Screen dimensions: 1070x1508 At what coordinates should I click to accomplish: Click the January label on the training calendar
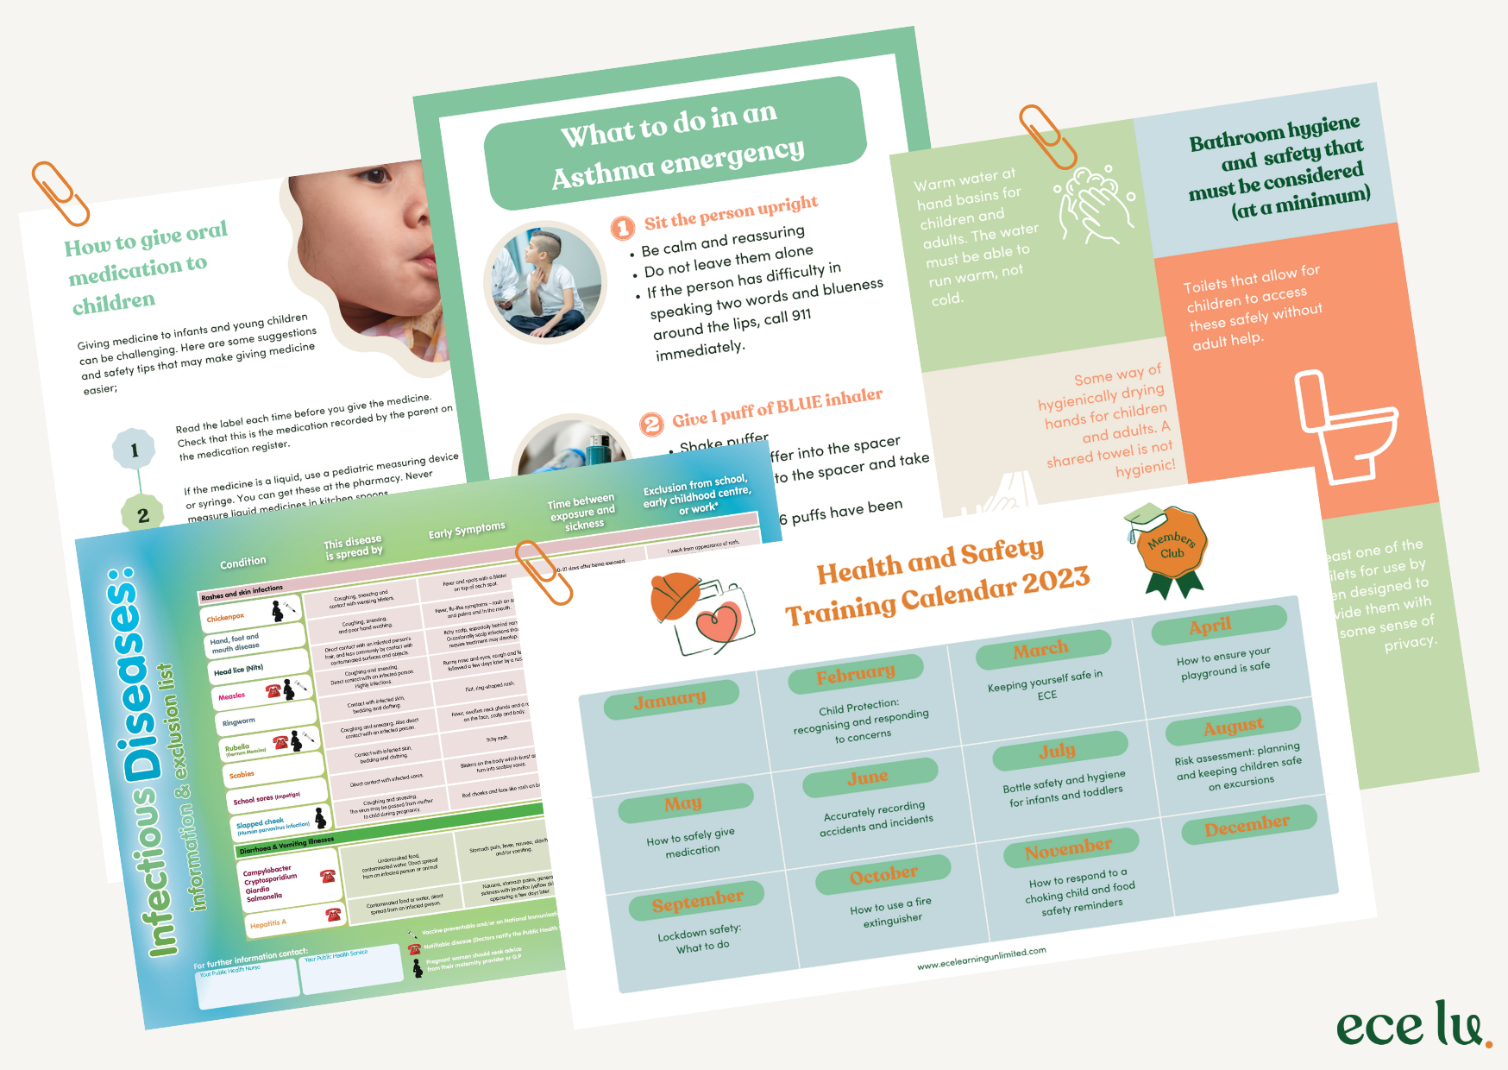671,700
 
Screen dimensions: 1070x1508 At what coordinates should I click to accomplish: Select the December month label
1247,826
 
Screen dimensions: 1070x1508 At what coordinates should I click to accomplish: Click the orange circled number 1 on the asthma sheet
623,228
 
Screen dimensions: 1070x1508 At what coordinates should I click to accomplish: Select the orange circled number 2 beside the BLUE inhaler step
651,424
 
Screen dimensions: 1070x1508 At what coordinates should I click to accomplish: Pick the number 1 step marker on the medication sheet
135,450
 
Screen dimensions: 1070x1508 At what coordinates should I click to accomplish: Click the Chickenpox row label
226,617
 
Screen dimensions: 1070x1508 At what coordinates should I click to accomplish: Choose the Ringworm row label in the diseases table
239,721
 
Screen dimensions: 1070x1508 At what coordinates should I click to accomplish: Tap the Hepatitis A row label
268,923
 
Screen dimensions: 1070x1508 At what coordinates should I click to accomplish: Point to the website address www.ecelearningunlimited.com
981,958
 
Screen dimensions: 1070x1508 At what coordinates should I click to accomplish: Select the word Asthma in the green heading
604,175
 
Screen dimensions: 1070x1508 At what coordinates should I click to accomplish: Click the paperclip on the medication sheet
60,192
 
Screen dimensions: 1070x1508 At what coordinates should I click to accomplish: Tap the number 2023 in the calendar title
1056,582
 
